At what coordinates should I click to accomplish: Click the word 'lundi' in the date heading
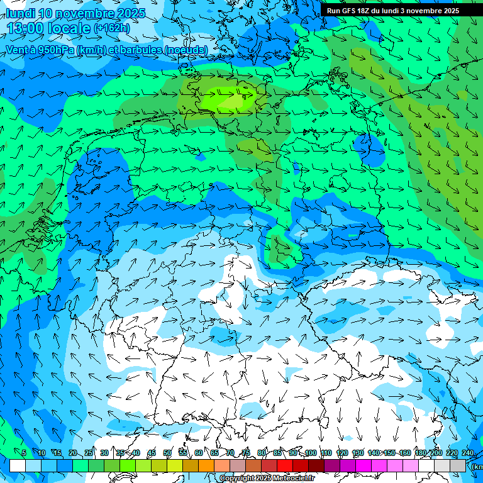coord(20,13)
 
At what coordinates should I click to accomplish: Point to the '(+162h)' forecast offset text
coord(111,28)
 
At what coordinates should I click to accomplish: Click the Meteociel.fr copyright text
coord(267,479)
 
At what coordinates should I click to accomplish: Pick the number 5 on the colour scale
coord(24,453)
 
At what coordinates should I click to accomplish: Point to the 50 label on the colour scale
coord(167,453)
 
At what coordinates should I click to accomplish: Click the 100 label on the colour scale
coord(310,453)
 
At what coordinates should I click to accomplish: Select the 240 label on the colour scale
coord(467,453)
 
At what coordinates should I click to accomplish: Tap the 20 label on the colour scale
coord(73,453)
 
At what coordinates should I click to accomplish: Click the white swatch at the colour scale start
coord(18,465)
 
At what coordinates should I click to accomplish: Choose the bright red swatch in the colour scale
coord(285,465)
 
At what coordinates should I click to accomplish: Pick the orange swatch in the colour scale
coord(206,465)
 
